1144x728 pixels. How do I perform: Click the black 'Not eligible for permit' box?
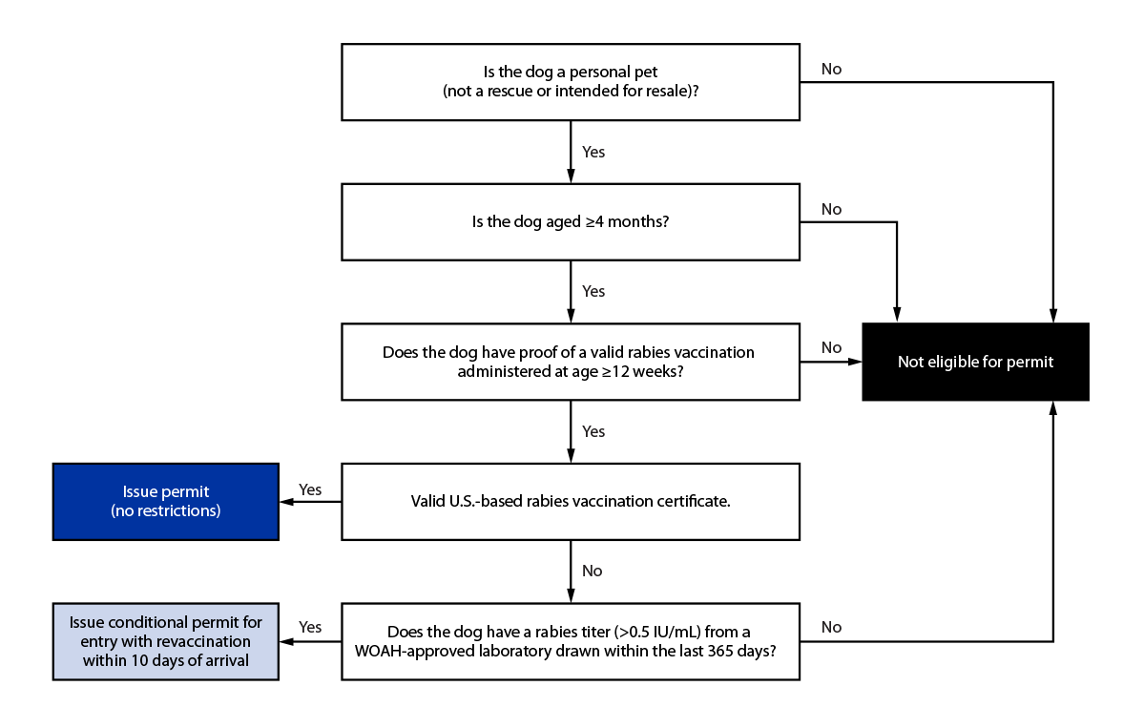tap(975, 363)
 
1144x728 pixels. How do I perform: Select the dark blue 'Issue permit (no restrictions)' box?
tap(166, 502)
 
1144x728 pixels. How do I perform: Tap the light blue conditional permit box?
tap(166, 640)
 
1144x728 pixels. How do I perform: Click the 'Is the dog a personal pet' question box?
tap(571, 81)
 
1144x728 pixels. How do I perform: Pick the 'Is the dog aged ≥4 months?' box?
tap(571, 221)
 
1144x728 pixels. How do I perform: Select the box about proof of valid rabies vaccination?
tap(571, 361)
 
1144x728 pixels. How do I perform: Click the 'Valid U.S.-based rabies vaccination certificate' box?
tap(571, 501)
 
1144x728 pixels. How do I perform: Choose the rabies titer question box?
tap(571, 640)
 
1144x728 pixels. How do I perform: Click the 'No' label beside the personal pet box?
tap(831, 70)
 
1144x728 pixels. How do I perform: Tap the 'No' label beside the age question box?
tap(831, 209)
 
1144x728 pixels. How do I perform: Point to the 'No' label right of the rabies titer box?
tap(831, 627)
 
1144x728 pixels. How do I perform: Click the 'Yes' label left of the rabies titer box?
tap(310, 627)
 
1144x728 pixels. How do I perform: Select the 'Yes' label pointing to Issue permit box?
tap(310, 489)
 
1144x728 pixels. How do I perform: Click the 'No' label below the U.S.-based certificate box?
tap(593, 571)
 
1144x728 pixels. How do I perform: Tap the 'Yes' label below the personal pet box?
tap(593, 152)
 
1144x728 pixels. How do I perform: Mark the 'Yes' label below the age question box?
tap(593, 291)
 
